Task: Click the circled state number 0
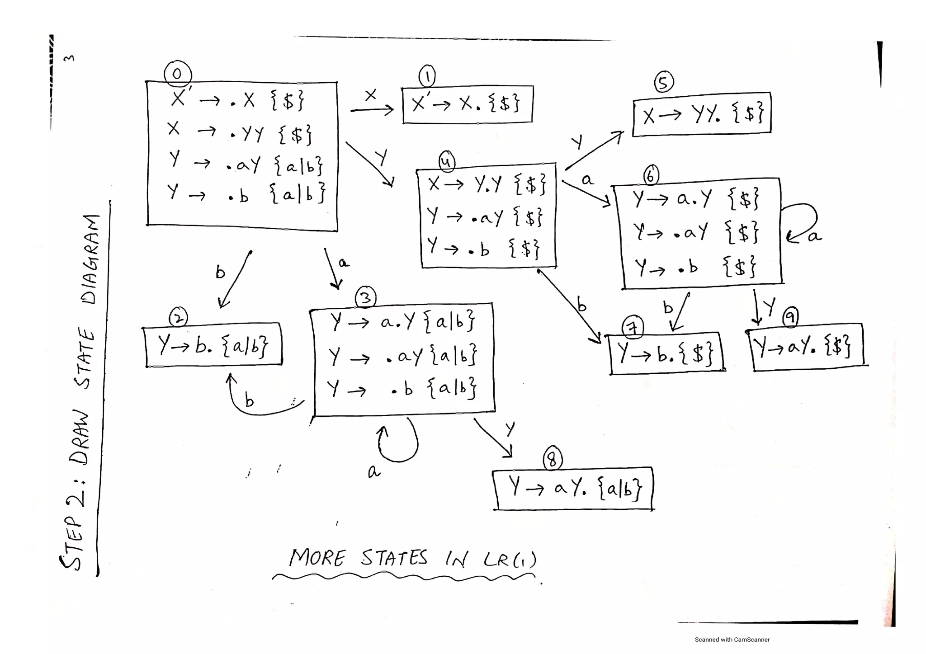coord(177,74)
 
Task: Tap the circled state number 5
coord(663,82)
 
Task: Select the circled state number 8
coord(552,459)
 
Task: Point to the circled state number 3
coord(366,298)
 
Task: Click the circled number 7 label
coord(633,327)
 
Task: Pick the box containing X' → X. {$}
coord(467,104)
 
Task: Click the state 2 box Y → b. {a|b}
coord(213,345)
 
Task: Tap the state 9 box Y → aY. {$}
coord(806,347)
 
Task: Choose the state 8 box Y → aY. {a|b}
coord(573,488)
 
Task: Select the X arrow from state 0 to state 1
coord(372,109)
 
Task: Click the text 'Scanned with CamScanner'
coord(732,640)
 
